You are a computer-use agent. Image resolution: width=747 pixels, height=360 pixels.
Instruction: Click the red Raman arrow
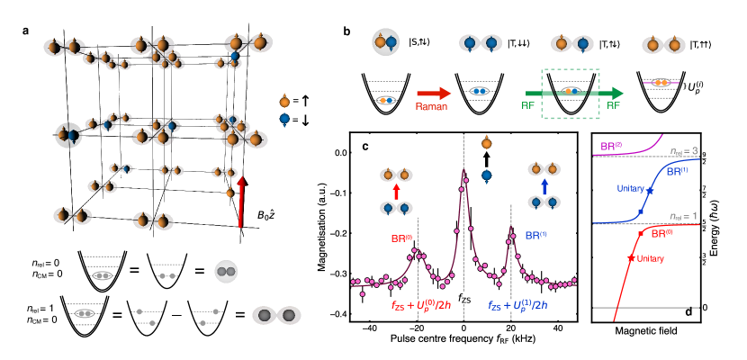pos(433,93)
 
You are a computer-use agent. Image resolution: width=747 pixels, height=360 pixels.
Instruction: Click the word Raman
pos(431,106)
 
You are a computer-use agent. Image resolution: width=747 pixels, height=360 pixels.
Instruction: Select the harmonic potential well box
pos(570,94)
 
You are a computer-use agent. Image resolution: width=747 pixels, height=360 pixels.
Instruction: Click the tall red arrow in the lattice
pos(240,202)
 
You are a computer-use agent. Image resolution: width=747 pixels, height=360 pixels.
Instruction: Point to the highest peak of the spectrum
pos(463,171)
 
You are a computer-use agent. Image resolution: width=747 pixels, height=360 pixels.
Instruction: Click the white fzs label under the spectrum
pos(468,298)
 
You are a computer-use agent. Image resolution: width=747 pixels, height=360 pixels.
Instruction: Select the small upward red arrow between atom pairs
pos(396,192)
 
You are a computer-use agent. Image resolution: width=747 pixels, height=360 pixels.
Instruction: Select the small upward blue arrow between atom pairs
pos(544,186)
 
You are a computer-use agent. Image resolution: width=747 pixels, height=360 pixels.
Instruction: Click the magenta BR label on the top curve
pos(613,146)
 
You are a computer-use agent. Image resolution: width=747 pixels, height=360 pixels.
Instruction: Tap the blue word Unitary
pos(631,188)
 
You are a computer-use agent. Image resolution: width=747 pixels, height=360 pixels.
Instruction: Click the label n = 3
pos(684,150)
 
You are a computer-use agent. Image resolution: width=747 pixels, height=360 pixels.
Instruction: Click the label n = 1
pos(684,216)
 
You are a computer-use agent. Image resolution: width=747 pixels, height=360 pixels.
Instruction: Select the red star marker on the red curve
pos(629,256)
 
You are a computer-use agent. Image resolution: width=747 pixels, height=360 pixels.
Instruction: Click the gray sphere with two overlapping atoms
pos(226,271)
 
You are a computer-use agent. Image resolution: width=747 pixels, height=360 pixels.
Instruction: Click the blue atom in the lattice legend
pos(284,119)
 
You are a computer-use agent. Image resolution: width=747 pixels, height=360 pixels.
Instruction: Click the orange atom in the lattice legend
pos(284,102)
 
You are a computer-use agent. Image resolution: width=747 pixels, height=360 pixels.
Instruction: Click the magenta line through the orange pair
pos(661,83)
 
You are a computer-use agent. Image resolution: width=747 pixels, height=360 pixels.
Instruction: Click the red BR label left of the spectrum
pos(401,238)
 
